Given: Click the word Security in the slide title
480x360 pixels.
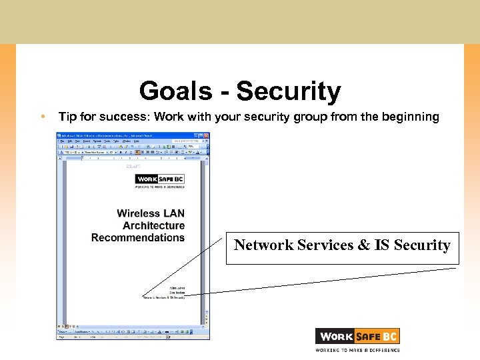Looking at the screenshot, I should (288, 91).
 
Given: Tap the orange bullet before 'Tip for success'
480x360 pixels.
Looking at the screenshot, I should (41, 117).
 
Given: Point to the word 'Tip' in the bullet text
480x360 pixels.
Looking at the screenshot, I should (67, 117).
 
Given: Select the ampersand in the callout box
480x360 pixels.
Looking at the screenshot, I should (363, 245).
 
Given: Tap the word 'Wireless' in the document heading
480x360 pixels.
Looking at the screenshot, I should (139, 213).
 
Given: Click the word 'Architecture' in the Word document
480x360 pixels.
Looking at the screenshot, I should (153, 225).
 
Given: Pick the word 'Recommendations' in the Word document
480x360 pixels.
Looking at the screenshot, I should (138, 237).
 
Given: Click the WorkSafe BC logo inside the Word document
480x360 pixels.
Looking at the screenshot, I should (159, 179).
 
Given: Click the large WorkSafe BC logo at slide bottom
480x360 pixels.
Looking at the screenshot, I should (357, 337).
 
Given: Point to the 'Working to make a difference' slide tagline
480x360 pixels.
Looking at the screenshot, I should (357, 349).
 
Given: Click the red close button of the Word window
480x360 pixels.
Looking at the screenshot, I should (207, 135).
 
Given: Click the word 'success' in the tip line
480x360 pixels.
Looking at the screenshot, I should (127, 117).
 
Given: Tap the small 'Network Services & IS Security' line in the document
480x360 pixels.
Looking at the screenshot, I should (164, 297).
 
